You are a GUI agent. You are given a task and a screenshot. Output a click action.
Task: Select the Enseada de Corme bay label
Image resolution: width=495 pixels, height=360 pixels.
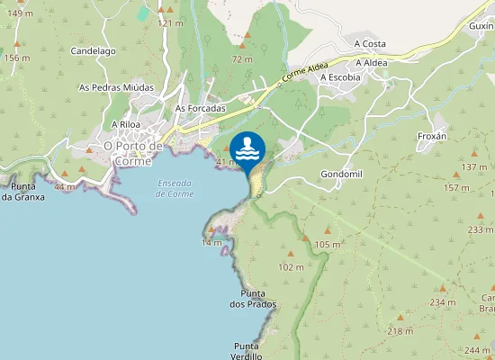pos(175,188)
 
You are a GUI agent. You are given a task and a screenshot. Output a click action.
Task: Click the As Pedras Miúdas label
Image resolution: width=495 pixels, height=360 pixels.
pos(116,87)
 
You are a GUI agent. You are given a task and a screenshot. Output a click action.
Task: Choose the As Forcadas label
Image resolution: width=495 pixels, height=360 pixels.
pos(200,108)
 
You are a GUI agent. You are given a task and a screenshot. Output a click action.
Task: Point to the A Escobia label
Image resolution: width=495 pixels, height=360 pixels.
pos(340,77)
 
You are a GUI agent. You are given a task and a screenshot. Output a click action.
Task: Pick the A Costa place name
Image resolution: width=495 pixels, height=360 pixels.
pos(370,42)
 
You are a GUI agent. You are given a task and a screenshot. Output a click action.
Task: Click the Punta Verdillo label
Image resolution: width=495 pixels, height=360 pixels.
pos(247,351)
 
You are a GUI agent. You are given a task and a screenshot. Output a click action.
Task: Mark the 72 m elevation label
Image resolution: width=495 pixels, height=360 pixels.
pos(242,59)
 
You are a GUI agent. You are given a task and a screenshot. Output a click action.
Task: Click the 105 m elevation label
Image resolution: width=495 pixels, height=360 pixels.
pos(328,245)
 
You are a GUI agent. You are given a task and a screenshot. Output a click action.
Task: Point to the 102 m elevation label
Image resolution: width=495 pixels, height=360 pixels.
pos(291,267)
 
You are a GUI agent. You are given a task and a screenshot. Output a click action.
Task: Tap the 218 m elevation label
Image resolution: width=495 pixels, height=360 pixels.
pos(400,331)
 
